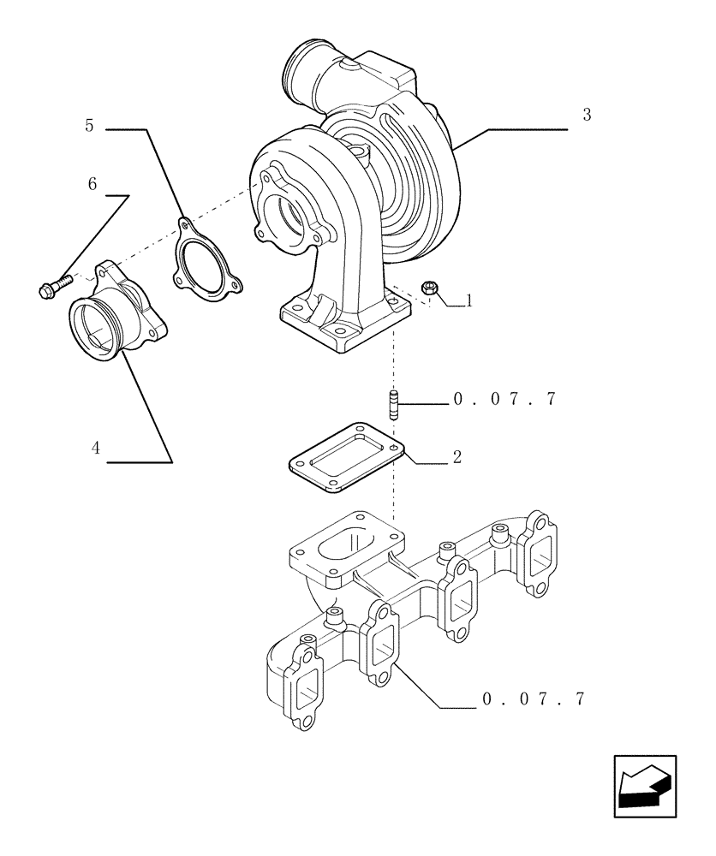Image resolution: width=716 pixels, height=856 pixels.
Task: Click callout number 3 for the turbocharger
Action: click(x=587, y=116)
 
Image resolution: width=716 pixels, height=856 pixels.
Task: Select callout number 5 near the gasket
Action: click(x=89, y=125)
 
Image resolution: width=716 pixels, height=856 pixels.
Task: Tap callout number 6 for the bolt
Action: click(x=92, y=184)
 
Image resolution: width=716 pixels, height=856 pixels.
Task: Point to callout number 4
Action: click(x=96, y=448)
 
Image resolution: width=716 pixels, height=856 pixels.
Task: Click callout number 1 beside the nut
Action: click(x=468, y=300)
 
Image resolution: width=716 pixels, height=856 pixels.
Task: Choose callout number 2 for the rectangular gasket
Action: click(x=457, y=457)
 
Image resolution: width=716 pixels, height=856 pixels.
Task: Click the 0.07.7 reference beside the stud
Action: click(x=504, y=400)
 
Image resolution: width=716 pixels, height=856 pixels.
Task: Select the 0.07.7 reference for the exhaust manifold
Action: click(x=533, y=699)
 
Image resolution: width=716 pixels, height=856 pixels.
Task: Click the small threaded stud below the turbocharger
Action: click(x=394, y=405)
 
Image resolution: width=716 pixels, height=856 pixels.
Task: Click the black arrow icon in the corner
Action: click(x=644, y=786)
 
